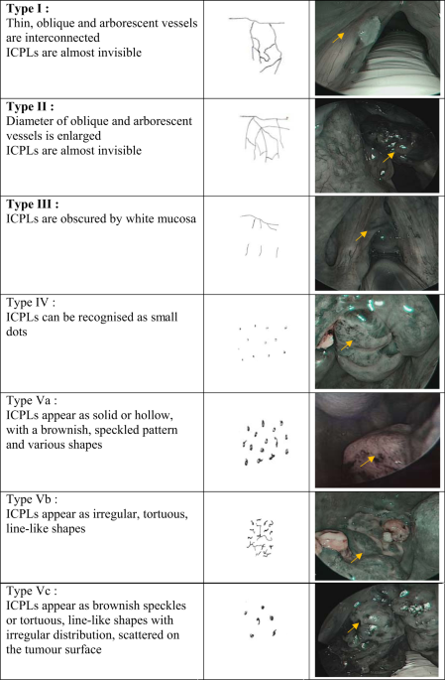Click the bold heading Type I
(28, 10)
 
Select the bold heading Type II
(31, 106)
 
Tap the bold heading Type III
(33, 204)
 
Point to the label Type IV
(31, 302)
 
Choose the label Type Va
(31, 400)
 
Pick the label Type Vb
(32, 499)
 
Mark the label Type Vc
(31, 591)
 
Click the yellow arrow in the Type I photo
(338, 38)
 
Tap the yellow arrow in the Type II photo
(389, 158)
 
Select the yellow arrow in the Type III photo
(361, 236)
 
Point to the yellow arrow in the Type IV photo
(346, 344)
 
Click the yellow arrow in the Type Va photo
(368, 461)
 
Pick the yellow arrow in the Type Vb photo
(356, 558)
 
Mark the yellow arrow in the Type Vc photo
(353, 627)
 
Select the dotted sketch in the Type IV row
(263, 343)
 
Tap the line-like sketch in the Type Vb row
(261, 538)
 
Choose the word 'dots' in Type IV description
(17, 332)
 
